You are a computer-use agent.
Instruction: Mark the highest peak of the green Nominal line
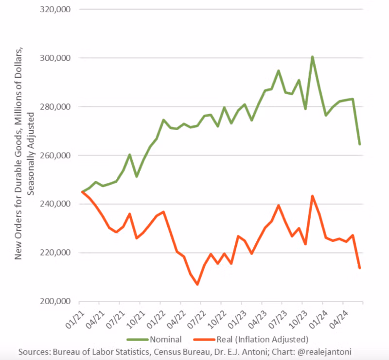click(x=312, y=57)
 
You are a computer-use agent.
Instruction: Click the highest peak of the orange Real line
click(x=312, y=196)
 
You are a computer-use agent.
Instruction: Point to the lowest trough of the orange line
click(x=197, y=284)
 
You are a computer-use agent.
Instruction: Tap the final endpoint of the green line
click(x=360, y=144)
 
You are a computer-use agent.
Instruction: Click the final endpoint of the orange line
click(x=360, y=268)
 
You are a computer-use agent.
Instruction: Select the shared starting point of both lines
click(x=82, y=192)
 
